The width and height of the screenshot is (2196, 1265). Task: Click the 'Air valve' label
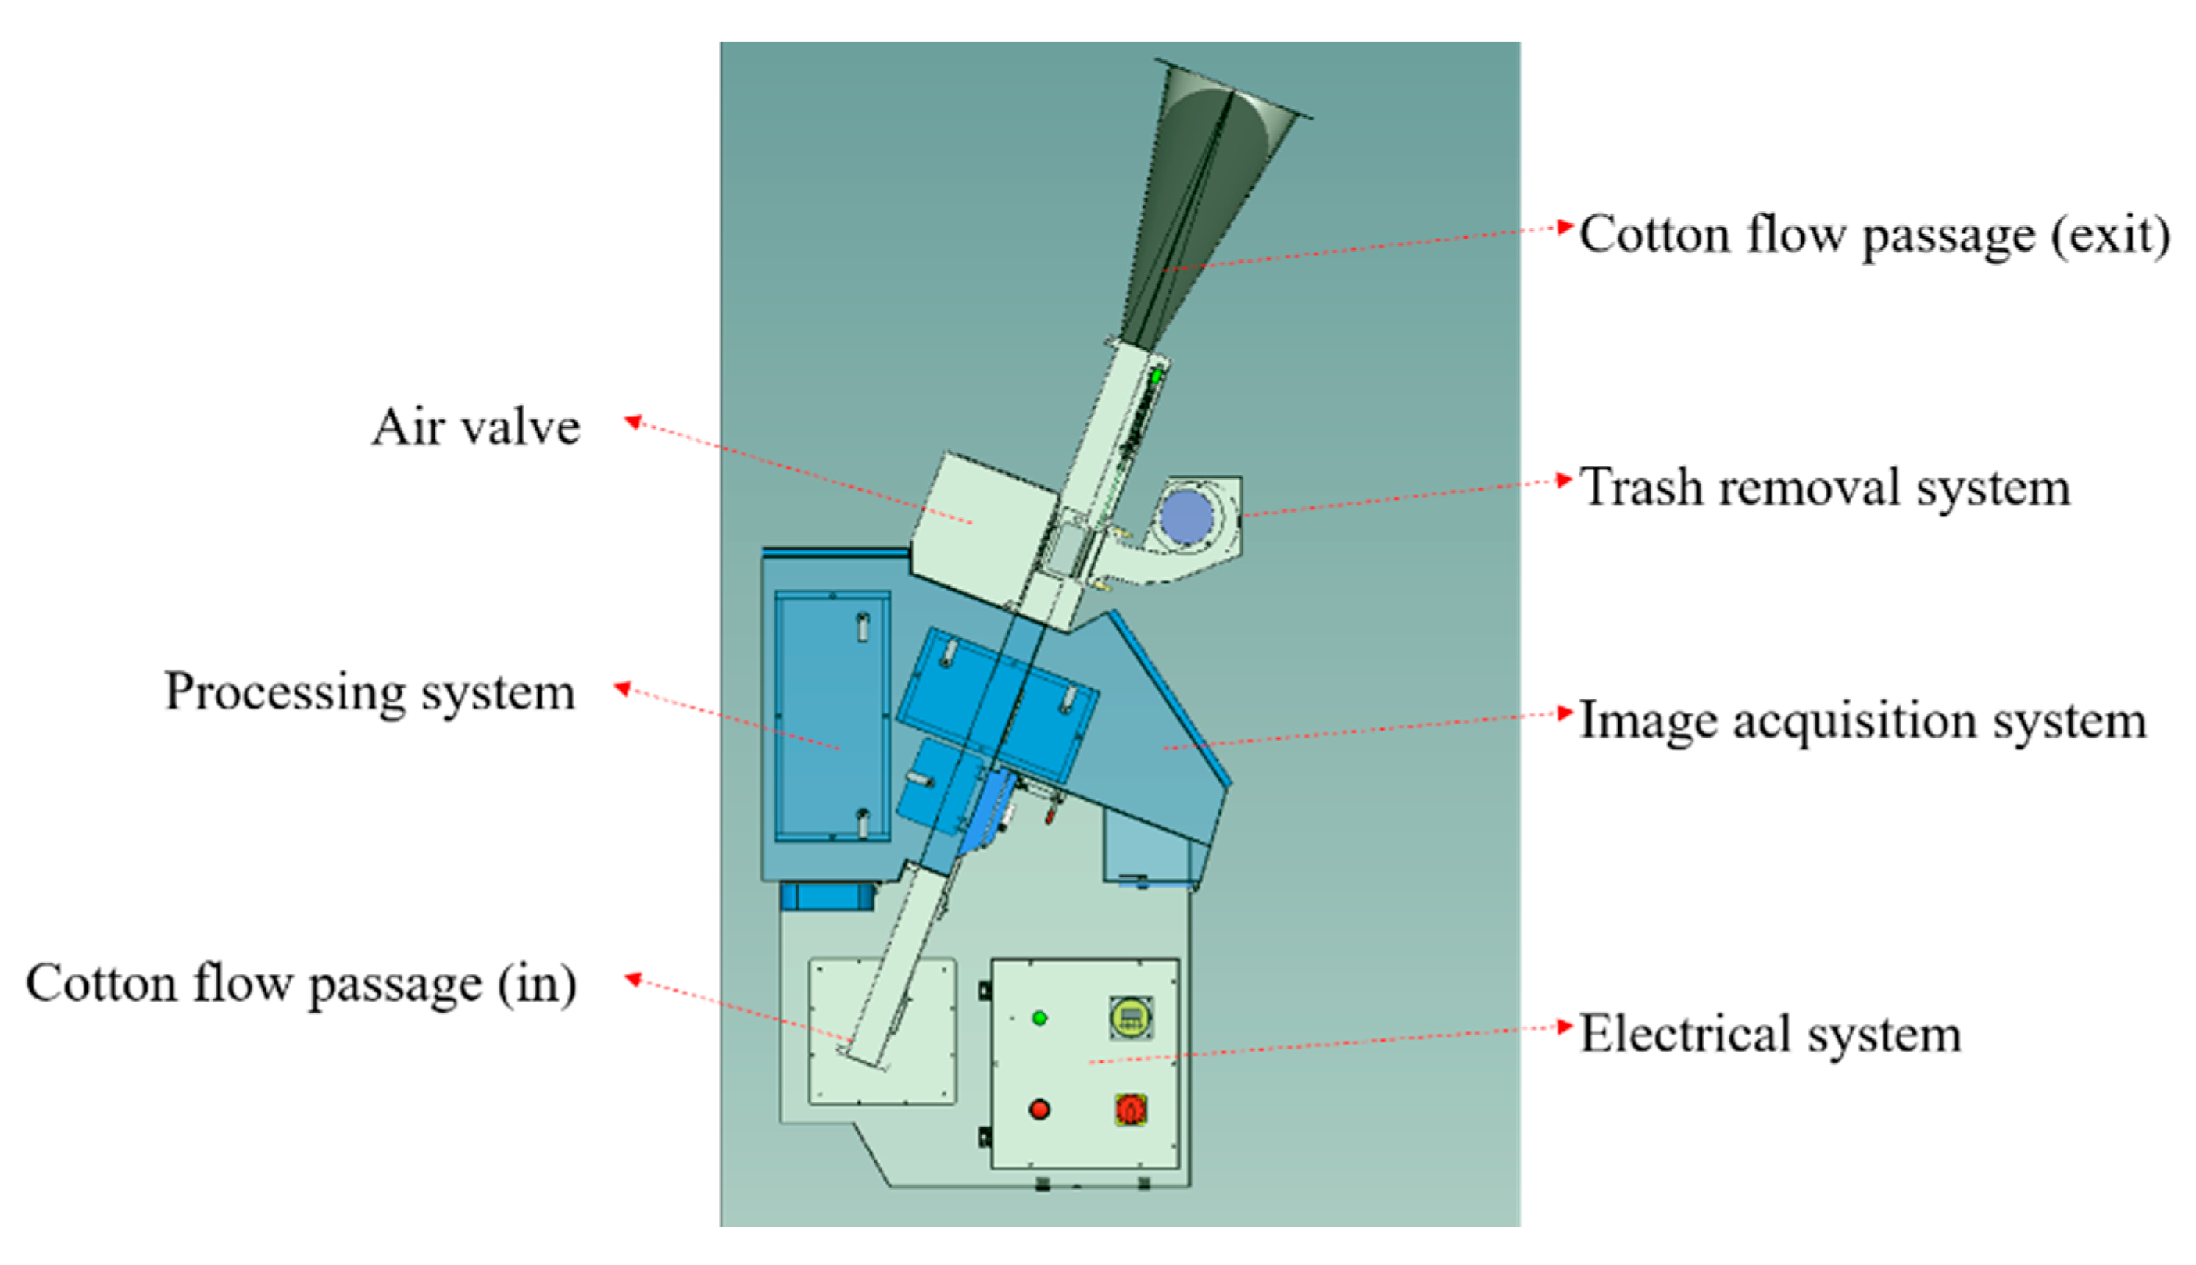pyautogui.click(x=475, y=427)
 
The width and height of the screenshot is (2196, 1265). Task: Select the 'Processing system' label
pyautogui.click(x=370, y=692)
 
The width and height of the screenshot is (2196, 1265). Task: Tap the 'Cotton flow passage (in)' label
pyautogui.click(x=301, y=984)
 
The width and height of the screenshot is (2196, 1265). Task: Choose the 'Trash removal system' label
pyautogui.click(x=1824, y=488)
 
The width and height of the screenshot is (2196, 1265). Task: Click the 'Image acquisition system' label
pyautogui.click(x=1862, y=721)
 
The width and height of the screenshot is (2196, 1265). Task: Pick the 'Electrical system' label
pyautogui.click(x=1770, y=1035)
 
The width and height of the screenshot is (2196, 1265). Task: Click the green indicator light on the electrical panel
pyautogui.click(x=1039, y=1018)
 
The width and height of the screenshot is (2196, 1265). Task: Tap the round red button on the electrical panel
pyautogui.click(x=1039, y=1110)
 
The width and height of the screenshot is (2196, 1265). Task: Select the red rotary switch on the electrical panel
pyautogui.click(x=1131, y=1110)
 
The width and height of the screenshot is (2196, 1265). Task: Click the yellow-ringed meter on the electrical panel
pyautogui.click(x=1131, y=1018)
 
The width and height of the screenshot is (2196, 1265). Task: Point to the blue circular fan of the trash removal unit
pyautogui.click(x=1187, y=517)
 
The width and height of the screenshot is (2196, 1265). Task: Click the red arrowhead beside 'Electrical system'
pyautogui.click(x=1565, y=1027)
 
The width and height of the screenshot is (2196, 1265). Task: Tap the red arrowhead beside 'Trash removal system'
pyautogui.click(x=1565, y=480)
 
